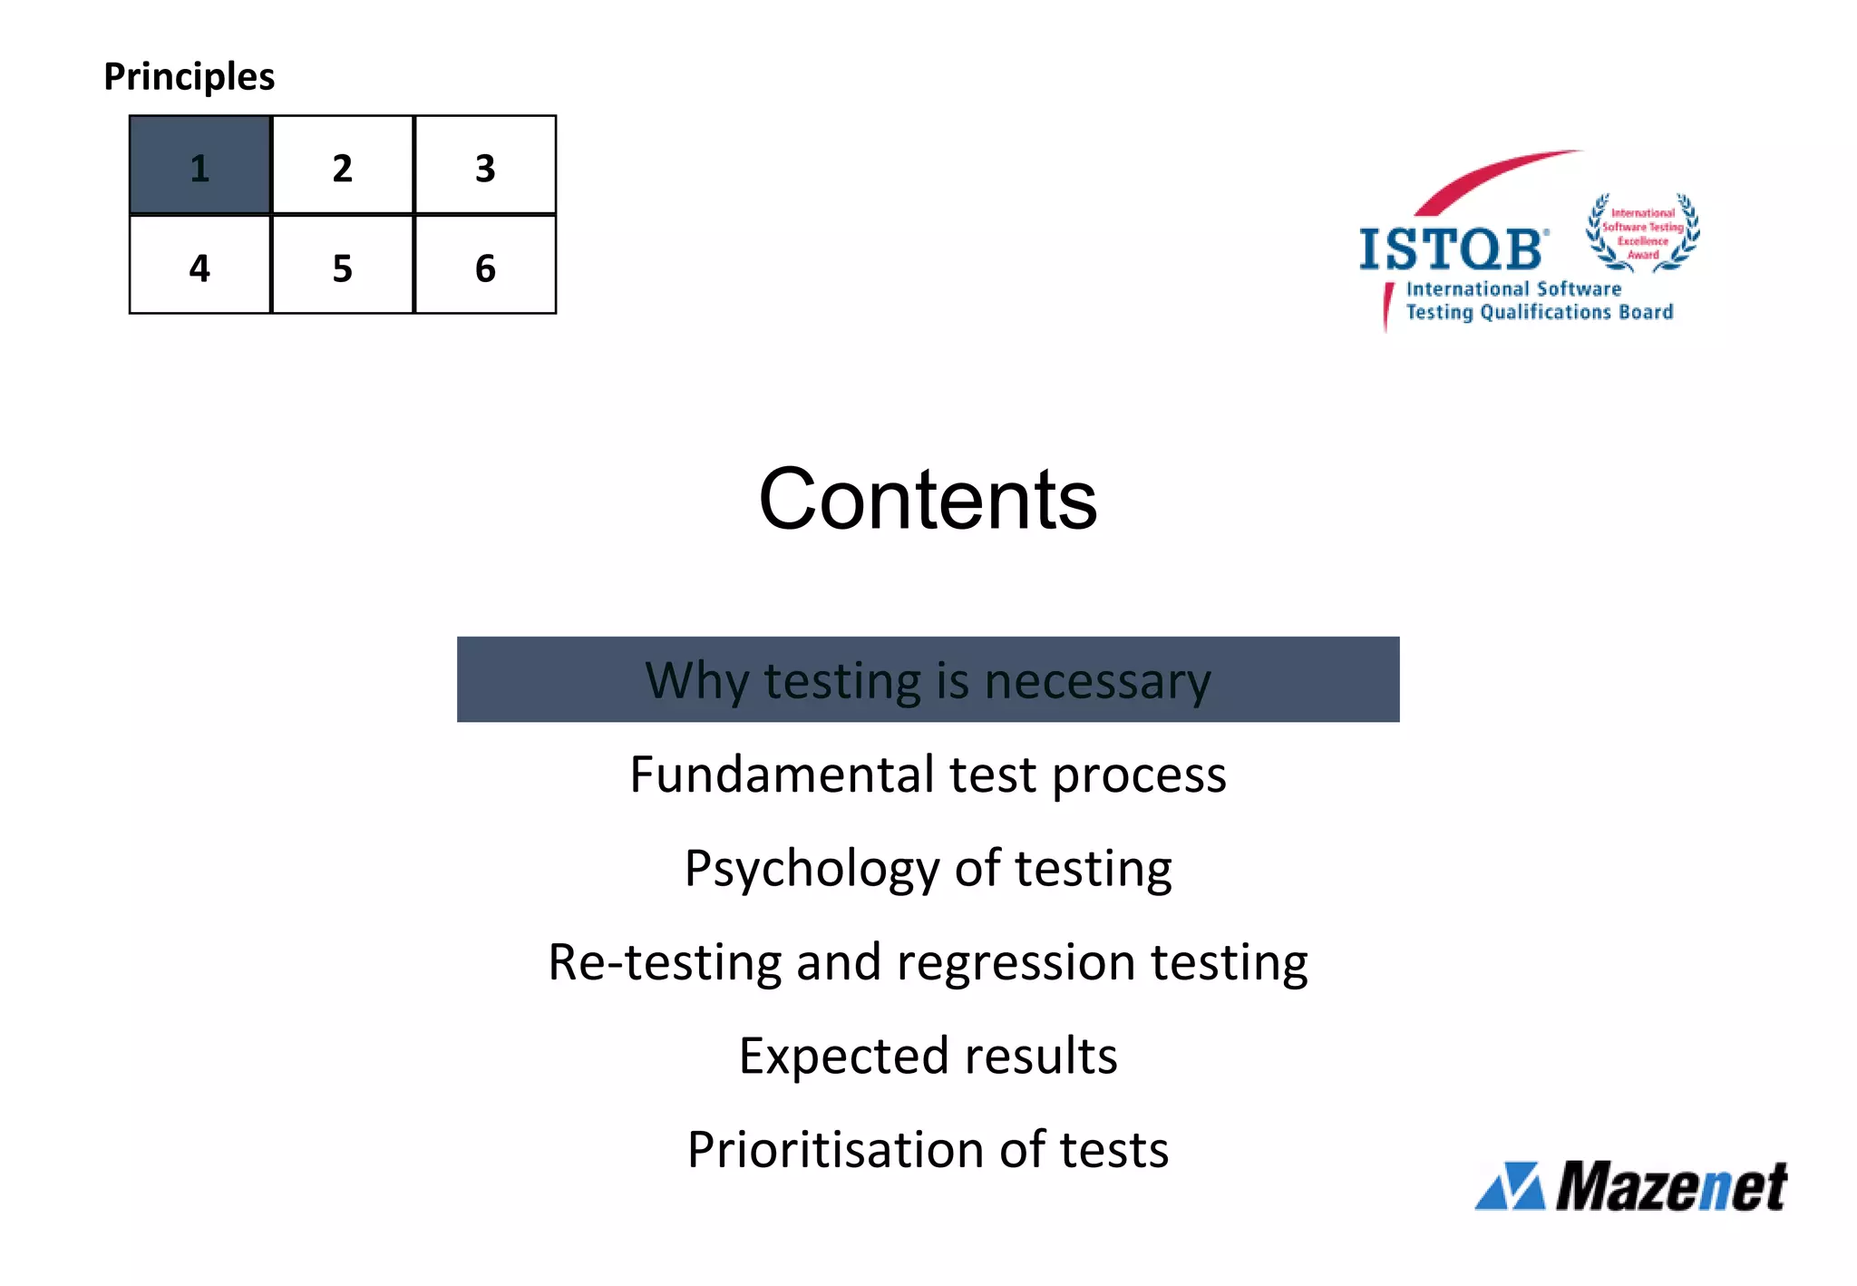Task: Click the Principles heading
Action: (x=189, y=76)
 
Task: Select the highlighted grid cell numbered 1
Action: (x=199, y=165)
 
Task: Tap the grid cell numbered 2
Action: (x=342, y=165)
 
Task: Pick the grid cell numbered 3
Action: (x=485, y=165)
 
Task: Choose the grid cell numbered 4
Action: (x=199, y=266)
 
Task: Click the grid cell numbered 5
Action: (x=342, y=266)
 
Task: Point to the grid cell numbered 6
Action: (x=485, y=266)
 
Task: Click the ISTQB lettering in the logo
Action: (x=1451, y=249)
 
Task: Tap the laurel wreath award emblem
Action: (x=1642, y=233)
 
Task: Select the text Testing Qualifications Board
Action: (x=1539, y=312)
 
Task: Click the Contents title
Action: (x=928, y=499)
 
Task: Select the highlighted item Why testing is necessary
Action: (x=928, y=679)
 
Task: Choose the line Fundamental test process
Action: (x=928, y=775)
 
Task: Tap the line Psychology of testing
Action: (x=928, y=868)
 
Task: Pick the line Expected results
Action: (x=928, y=1056)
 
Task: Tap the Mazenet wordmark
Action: (x=1671, y=1185)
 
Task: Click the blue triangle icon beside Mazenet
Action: (x=1511, y=1186)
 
